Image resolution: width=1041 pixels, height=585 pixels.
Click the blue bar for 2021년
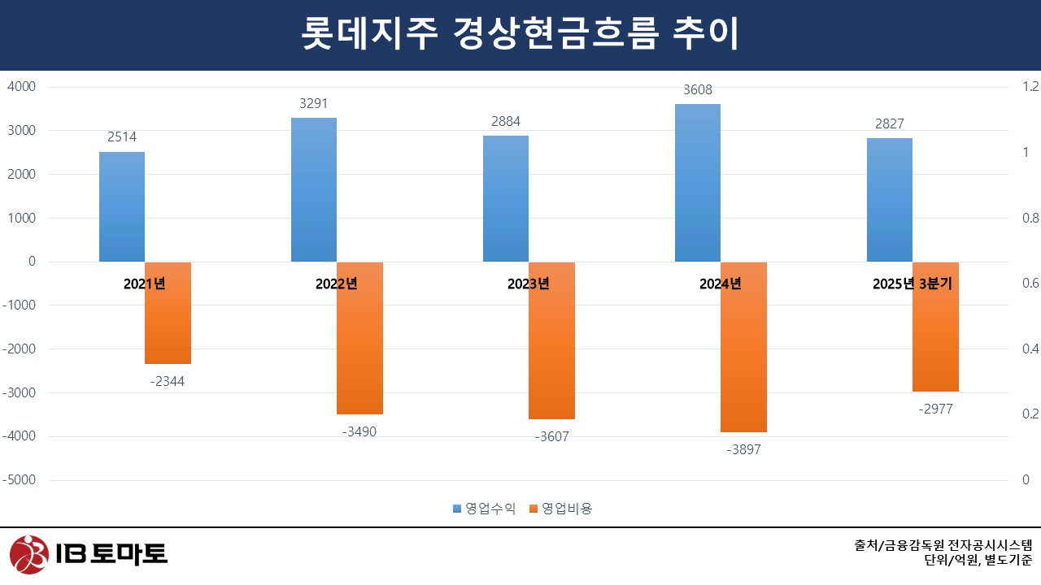pyautogui.click(x=122, y=206)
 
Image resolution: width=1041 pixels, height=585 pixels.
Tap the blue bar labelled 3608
pyautogui.click(x=698, y=183)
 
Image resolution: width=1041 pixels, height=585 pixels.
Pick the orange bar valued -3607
pyautogui.click(x=551, y=340)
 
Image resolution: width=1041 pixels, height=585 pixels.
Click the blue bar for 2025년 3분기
pyautogui.click(x=890, y=200)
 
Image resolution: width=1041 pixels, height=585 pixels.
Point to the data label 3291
pyautogui.click(x=314, y=104)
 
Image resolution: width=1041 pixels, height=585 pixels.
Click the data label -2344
pyautogui.click(x=168, y=381)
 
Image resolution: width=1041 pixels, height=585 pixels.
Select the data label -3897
pyautogui.click(x=743, y=449)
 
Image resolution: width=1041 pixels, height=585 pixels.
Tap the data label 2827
pyautogui.click(x=890, y=123)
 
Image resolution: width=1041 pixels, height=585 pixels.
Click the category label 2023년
pyautogui.click(x=529, y=284)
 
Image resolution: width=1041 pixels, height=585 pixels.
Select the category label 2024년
pyautogui.click(x=721, y=284)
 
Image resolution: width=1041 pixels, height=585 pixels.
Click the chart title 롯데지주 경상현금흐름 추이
pyautogui.click(x=520, y=35)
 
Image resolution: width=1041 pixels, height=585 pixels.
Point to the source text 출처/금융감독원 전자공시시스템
pyautogui.click(x=943, y=545)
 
